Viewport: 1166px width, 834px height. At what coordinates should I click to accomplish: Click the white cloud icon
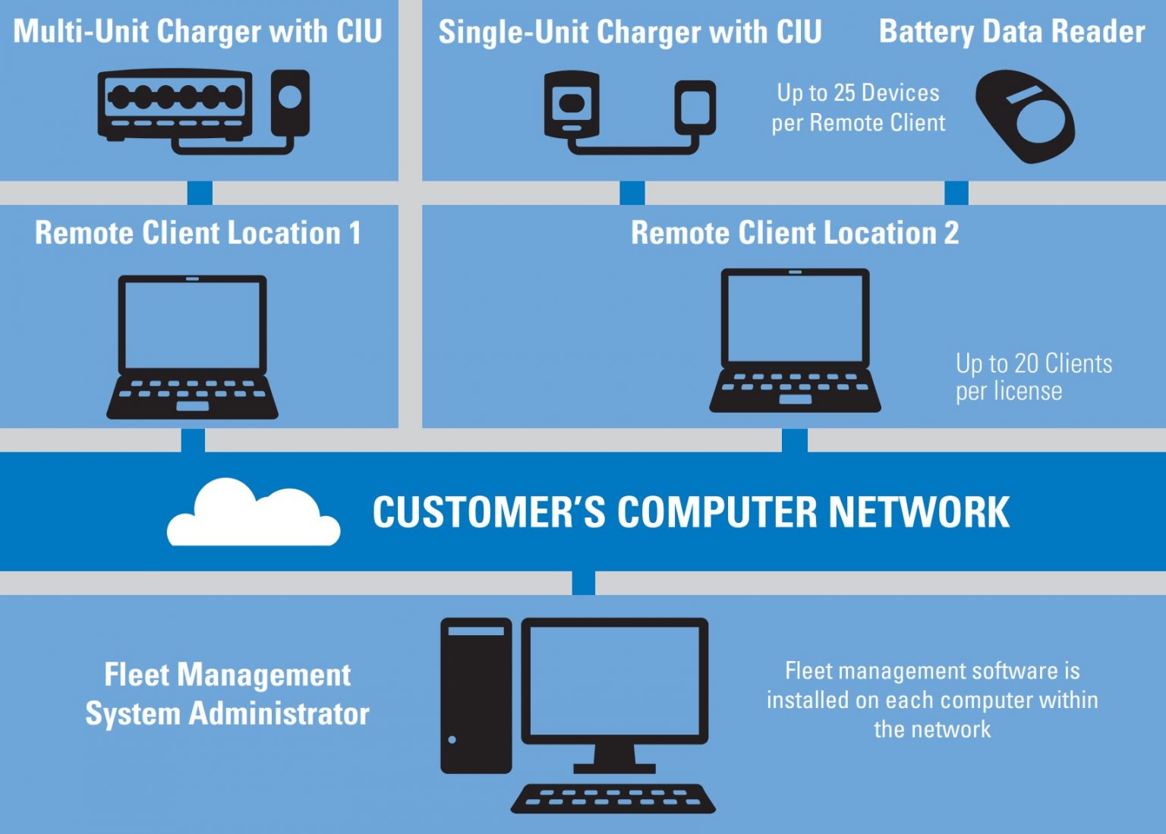click(253, 515)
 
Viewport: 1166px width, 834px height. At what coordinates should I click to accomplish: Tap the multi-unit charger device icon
click(175, 104)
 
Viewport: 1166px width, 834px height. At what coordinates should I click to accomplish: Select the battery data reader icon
click(1024, 116)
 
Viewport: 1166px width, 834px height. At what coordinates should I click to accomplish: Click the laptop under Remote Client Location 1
click(192, 346)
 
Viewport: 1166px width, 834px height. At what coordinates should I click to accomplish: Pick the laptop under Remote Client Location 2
click(795, 340)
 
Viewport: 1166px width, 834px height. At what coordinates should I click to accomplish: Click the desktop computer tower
click(476, 695)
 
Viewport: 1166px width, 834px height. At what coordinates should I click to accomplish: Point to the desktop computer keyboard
click(613, 798)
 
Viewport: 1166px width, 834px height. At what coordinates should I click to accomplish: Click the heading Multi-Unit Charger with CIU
click(197, 32)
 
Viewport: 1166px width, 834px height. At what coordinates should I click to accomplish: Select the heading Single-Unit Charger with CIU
click(629, 32)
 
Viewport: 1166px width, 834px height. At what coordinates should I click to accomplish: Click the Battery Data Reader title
click(1011, 32)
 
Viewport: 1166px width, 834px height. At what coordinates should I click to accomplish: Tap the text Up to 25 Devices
click(858, 93)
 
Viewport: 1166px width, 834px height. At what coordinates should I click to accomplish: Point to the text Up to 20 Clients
click(1033, 363)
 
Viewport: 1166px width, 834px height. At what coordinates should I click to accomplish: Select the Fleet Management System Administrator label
click(227, 694)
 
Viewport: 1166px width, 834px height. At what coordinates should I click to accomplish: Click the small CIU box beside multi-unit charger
click(290, 102)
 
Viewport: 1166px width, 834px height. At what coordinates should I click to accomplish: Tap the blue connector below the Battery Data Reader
click(956, 193)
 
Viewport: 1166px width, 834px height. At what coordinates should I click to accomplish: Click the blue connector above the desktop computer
click(583, 583)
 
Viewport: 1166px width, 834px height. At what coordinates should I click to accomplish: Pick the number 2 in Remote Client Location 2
click(951, 233)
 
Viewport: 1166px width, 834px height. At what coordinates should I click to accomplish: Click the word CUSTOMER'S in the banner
click(489, 512)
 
